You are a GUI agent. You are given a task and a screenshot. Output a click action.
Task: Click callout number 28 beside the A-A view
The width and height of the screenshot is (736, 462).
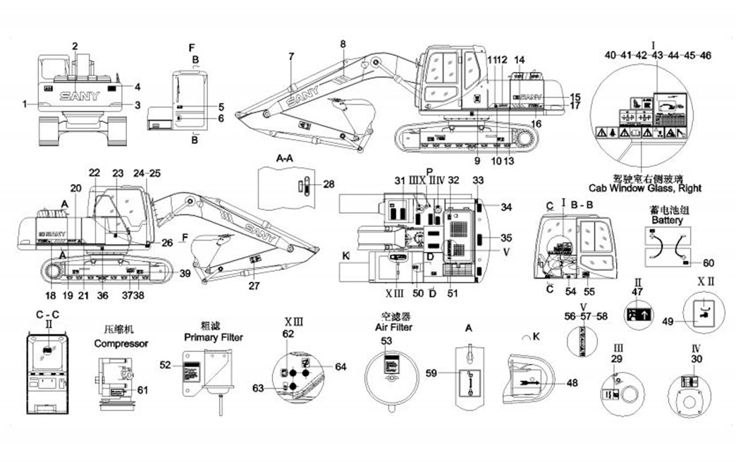tap(328, 184)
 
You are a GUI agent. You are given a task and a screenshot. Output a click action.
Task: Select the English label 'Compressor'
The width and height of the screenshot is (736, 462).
tap(121, 344)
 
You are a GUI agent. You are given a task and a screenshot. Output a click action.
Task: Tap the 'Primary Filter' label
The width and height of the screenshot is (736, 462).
tap(214, 337)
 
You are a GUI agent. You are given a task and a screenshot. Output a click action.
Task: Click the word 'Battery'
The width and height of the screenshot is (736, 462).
tap(667, 220)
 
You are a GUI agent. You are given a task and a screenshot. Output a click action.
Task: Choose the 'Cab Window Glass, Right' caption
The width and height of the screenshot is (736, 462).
tap(645, 188)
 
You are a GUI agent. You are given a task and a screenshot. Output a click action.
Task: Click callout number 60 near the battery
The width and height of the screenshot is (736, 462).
tap(709, 263)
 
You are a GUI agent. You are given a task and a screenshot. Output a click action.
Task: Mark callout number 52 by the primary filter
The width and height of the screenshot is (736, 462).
tap(165, 365)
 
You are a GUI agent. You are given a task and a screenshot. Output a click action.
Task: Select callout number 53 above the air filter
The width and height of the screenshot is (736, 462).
tap(386, 341)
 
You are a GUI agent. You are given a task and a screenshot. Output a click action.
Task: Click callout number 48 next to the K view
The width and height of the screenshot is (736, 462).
tap(572, 383)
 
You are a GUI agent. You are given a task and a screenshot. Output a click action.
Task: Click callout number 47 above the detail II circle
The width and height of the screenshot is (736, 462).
tap(637, 291)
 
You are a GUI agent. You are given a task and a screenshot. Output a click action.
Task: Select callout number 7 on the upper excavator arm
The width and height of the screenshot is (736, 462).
tap(290, 56)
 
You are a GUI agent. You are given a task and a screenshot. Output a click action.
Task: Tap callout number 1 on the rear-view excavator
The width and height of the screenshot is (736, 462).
tap(24, 104)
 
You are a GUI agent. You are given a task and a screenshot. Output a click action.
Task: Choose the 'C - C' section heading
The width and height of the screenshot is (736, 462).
tap(46, 314)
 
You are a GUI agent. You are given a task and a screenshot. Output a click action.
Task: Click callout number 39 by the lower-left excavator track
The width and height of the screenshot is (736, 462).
tap(185, 273)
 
